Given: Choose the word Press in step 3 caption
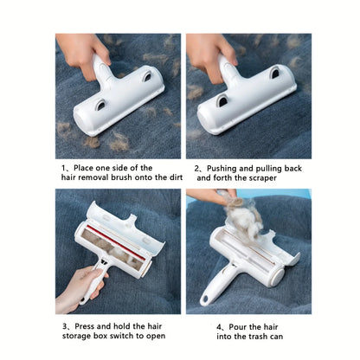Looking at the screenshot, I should click(x=84, y=326).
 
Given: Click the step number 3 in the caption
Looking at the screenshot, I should click(x=64, y=326).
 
